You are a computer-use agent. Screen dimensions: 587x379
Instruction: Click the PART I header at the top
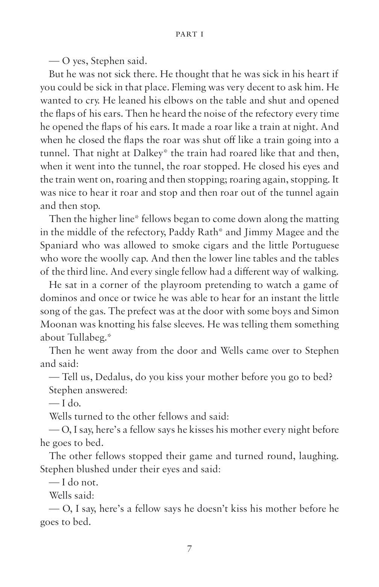pos(189,35)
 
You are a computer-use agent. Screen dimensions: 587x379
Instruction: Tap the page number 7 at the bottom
pos(189,549)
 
